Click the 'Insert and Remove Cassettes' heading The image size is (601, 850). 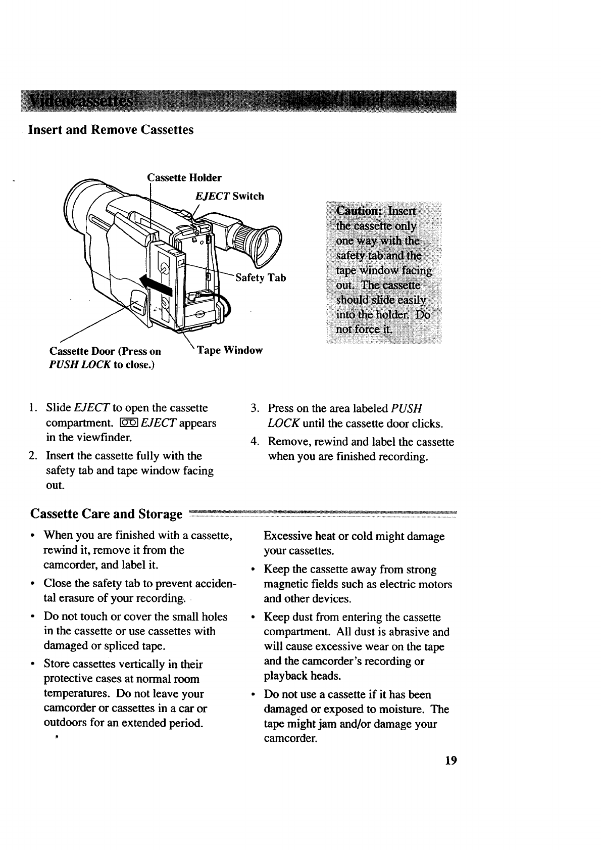(111, 130)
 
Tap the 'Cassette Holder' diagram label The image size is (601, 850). (184, 178)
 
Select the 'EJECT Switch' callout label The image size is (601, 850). (229, 196)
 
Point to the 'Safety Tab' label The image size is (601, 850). (261, 278)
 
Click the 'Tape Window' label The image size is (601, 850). (230, 350)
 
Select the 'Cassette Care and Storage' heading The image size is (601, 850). (106, 514)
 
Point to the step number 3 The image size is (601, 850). (255, 408)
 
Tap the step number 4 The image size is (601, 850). (255, 442)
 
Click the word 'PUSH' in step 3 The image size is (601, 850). (407, 408)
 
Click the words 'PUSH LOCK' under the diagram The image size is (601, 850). (80, 364)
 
